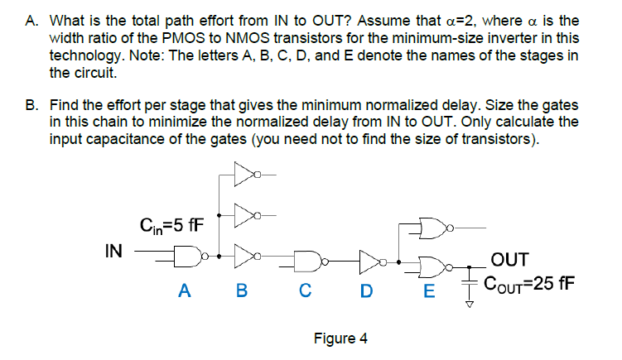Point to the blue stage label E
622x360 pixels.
tap(427, 290)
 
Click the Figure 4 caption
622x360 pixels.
tap(340, 338)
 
